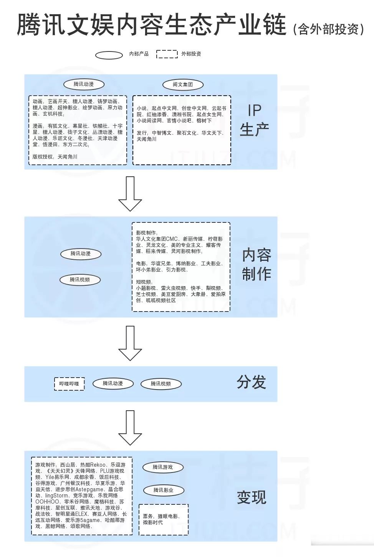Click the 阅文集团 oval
pyautogui.click(x=183, y=85)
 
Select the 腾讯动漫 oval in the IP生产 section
pyautogui.click(x=84, y=84)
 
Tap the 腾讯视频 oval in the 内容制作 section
pyautogui.click(x=80, y=280)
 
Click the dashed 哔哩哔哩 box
pyautogui.click(x=69, y=384)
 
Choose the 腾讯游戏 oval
pyautogui.click(x=163, y=467)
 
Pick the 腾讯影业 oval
pyautogui.click(x=164, y=490)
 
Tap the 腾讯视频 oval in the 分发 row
pyautogui.click(x=161, y=384)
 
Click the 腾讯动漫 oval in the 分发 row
pyautogui.click(x=113, y=383)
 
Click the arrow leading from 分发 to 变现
pyautogui.click(x=130, y=427)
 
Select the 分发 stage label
pyautogui.click(x=252, y=382)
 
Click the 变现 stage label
pyautogui.click(x=252, y=497)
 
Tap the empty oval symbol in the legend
pyautogui.click(x=109, y=55)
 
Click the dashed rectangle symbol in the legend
pyautogui.click(x=167, y=54)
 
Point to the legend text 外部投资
pyautogui.click(x=191, y=54)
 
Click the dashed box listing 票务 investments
pyautogui.click(x=164, y=519)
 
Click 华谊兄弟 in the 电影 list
pyautogui.click(x=161, y=264)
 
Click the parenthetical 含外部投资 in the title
pyautogui.click(x=329, y=29)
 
